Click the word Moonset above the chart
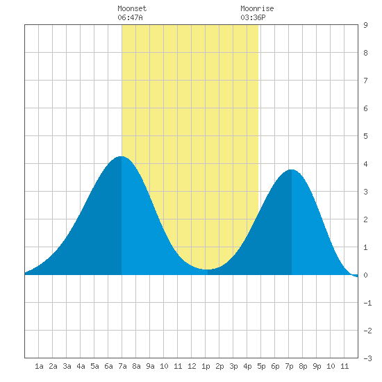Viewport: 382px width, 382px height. click(x=132, y=8)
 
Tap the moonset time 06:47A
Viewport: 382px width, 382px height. click(x=130, y=17)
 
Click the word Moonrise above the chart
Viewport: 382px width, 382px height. click(x=257, y=8)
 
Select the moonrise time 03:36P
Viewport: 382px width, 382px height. click(x=253, y=17)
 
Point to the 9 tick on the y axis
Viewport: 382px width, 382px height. click(x=365, y=25)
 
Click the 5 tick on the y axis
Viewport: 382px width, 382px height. click(x=365, y=136)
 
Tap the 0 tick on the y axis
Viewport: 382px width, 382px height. click(x=365, y=275)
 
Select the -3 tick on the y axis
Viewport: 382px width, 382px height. click(x=367, y=358)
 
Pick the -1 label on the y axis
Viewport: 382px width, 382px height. click(x=367, y=303)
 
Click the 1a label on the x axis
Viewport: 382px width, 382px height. click(x=39, y=366)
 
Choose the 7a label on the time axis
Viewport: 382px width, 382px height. click(x=122, y=366)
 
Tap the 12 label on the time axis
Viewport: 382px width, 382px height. click(x=192, y=366)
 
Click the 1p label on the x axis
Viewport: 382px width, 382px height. click(x=206, y=366)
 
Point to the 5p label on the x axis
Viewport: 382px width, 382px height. click(x=261, y=366)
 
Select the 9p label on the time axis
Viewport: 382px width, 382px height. click(x=317, y=366)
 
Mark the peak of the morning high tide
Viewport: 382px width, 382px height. click(x=121, y=156)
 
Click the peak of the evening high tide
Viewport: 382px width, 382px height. click(x=292, y=169)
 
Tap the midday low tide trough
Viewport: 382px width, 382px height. click(x=208, y=269)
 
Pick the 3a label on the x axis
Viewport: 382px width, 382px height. click(x=67, y=366)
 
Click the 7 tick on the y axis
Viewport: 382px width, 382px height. click(x=365, y=81)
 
